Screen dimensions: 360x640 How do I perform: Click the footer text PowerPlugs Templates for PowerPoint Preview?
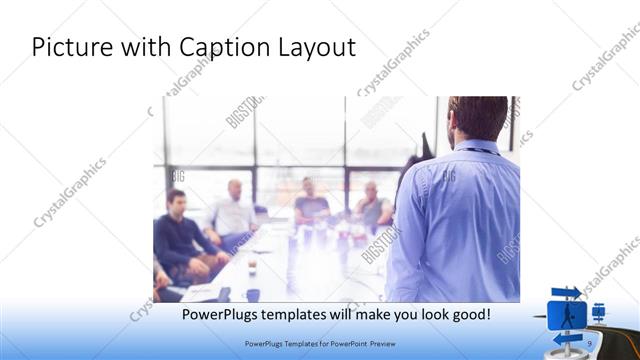tap(320, 343)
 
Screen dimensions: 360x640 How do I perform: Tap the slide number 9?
tap(591, 343)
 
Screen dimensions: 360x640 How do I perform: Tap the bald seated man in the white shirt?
tap(234, 210)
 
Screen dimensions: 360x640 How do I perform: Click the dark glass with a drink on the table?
tap(251, 267)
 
